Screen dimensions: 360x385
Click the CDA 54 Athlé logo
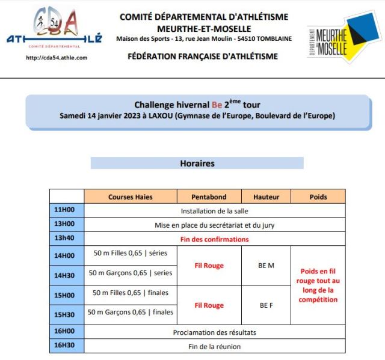pyautogui.click(x=54, y=31)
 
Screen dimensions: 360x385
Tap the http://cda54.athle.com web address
pyautogui.click(x=57, y=58)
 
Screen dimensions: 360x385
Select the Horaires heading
pyautogui.click(x=197, y=163)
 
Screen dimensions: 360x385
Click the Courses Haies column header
pyautogui.click(x=130, y=197)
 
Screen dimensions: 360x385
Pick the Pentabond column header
pyautogui.click(x=209, y=197)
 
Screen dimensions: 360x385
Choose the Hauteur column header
pyautogui.click(x=266, y=197)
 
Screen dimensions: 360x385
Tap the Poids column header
pyautogui.click(x=318, y=197)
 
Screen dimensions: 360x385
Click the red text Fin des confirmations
pyautogui.click(x=214, y=239)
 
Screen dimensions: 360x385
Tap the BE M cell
pyautogui.click(x=266, y=265)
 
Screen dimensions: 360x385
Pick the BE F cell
pyautogui.click(x=266, y=305)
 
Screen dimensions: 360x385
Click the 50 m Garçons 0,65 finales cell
pyautogui.click(x=130, y=312)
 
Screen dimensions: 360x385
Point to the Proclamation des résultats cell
pyautogui.click(x=214, y=332)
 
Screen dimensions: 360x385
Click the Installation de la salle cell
pyautogui.click(x=214, y=211)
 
